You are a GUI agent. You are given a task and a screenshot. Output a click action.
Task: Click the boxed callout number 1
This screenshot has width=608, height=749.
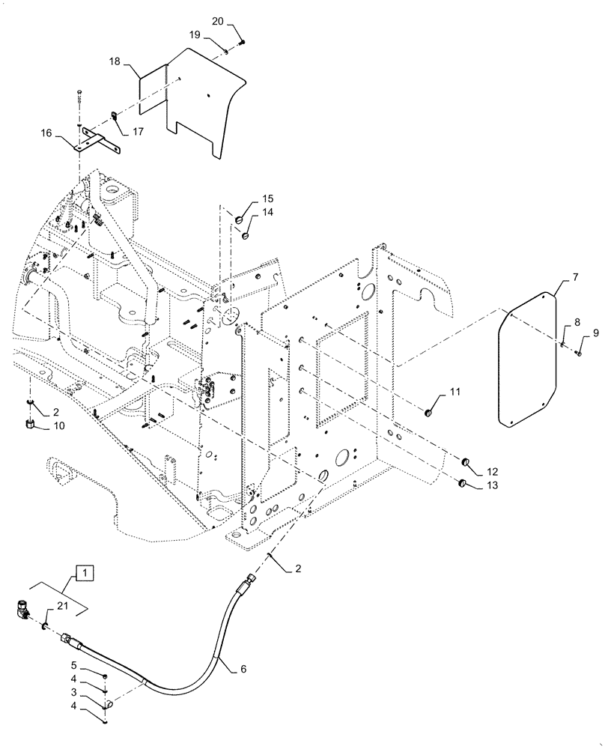(85, 574)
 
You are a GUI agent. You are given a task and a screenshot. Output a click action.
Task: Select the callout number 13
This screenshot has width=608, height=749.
(492, 485)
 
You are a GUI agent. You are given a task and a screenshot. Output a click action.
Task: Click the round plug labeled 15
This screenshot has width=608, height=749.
(240, 220)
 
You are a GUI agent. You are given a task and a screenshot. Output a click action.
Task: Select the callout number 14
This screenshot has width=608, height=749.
(267, 213)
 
